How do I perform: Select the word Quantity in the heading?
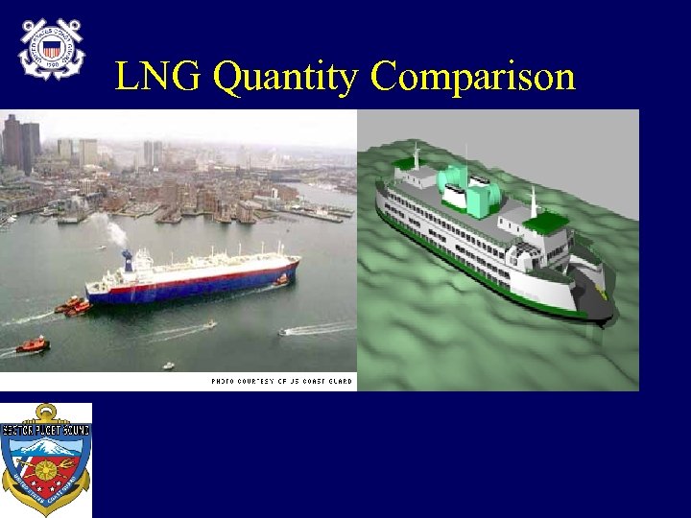pos(286,77)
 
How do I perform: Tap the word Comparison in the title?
pos(472,77)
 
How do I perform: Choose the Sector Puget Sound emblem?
pos(46,459)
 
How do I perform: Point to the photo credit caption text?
pos(282,382)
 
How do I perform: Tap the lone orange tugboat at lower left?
pos(33,343)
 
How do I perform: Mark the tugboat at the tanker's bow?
pos(280,280)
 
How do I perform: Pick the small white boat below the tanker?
pos(208,324)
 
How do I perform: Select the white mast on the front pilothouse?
pos(534,201)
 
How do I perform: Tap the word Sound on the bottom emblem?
pos(74,431)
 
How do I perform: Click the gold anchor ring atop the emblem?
pos(46,412)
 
